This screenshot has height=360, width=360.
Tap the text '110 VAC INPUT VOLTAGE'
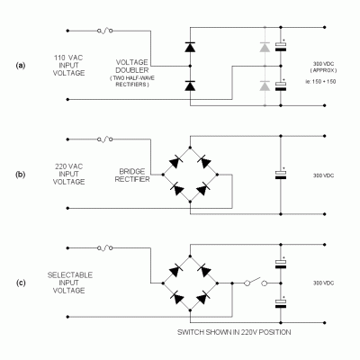coord(68,66)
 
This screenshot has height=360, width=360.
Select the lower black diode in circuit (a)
coord(190,86)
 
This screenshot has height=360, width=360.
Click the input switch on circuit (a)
coord(105,31)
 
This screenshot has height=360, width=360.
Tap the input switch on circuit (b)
coord(105,139)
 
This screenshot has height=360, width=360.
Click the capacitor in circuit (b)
coord(283,175)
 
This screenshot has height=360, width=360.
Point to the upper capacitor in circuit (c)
coord(283,263)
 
